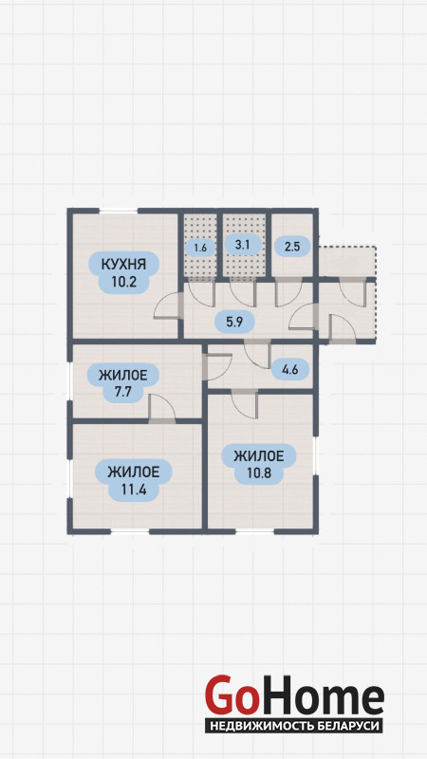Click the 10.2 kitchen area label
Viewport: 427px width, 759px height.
coord(122,282)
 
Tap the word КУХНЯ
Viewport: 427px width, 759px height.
coord(123,265)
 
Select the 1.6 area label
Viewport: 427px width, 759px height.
coord(200,248)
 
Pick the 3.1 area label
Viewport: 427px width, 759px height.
coord(242,245)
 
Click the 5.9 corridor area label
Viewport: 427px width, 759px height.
coord(234,322)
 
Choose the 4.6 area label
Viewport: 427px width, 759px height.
coord(289,370)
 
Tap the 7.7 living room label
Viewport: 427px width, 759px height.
coord(122,392)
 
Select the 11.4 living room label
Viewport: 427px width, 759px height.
coord(133,489)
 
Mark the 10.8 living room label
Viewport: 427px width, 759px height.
coord(258,472)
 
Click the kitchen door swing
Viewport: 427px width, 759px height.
coord(168,306)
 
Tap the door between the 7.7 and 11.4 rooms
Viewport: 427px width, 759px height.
coord(162,409)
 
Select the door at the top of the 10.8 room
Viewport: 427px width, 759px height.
coord(245,404)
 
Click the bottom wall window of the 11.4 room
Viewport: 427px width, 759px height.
coord(130,531)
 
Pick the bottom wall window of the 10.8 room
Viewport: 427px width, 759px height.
coord(254,531)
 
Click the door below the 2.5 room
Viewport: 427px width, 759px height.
coord(289,293)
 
